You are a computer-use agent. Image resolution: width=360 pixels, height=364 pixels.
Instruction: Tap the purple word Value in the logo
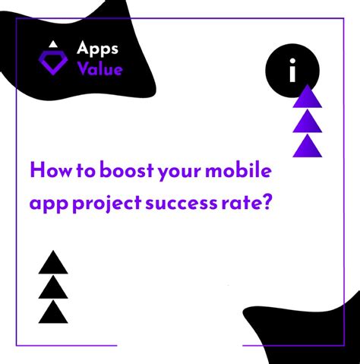(x=99, y=69)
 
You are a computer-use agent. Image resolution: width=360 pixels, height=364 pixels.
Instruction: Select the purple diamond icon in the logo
(x=53, y=65)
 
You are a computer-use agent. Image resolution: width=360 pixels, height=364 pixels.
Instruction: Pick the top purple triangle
(x=308, y=97)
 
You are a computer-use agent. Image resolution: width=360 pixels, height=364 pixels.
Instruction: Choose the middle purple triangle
(x=308, y=121)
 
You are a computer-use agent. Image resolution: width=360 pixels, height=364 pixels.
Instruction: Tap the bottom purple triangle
(x=308, y=146)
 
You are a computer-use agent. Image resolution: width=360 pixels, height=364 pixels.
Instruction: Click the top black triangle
(x=53, y=263)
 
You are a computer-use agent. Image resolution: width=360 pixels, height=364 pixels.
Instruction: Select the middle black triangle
(x=53, y=287)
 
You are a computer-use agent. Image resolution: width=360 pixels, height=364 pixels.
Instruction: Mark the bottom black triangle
(x=53, y=312)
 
